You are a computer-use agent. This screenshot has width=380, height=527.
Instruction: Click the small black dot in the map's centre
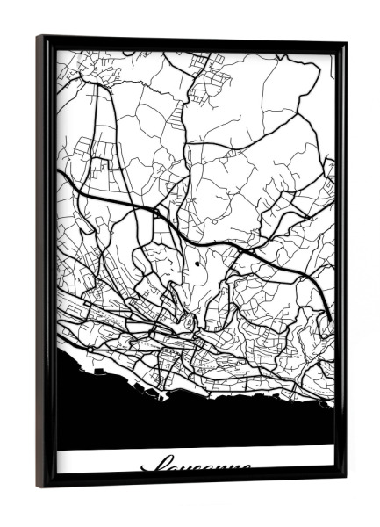click(197, 263)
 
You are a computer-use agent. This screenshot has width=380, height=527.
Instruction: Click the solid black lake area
click(193, 422)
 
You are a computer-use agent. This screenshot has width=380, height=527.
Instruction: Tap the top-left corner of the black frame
click(39, 38)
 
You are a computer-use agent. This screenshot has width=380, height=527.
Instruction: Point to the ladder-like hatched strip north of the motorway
click(182, 119)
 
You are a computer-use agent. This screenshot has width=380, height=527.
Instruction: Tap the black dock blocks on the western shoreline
click(91, 349)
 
